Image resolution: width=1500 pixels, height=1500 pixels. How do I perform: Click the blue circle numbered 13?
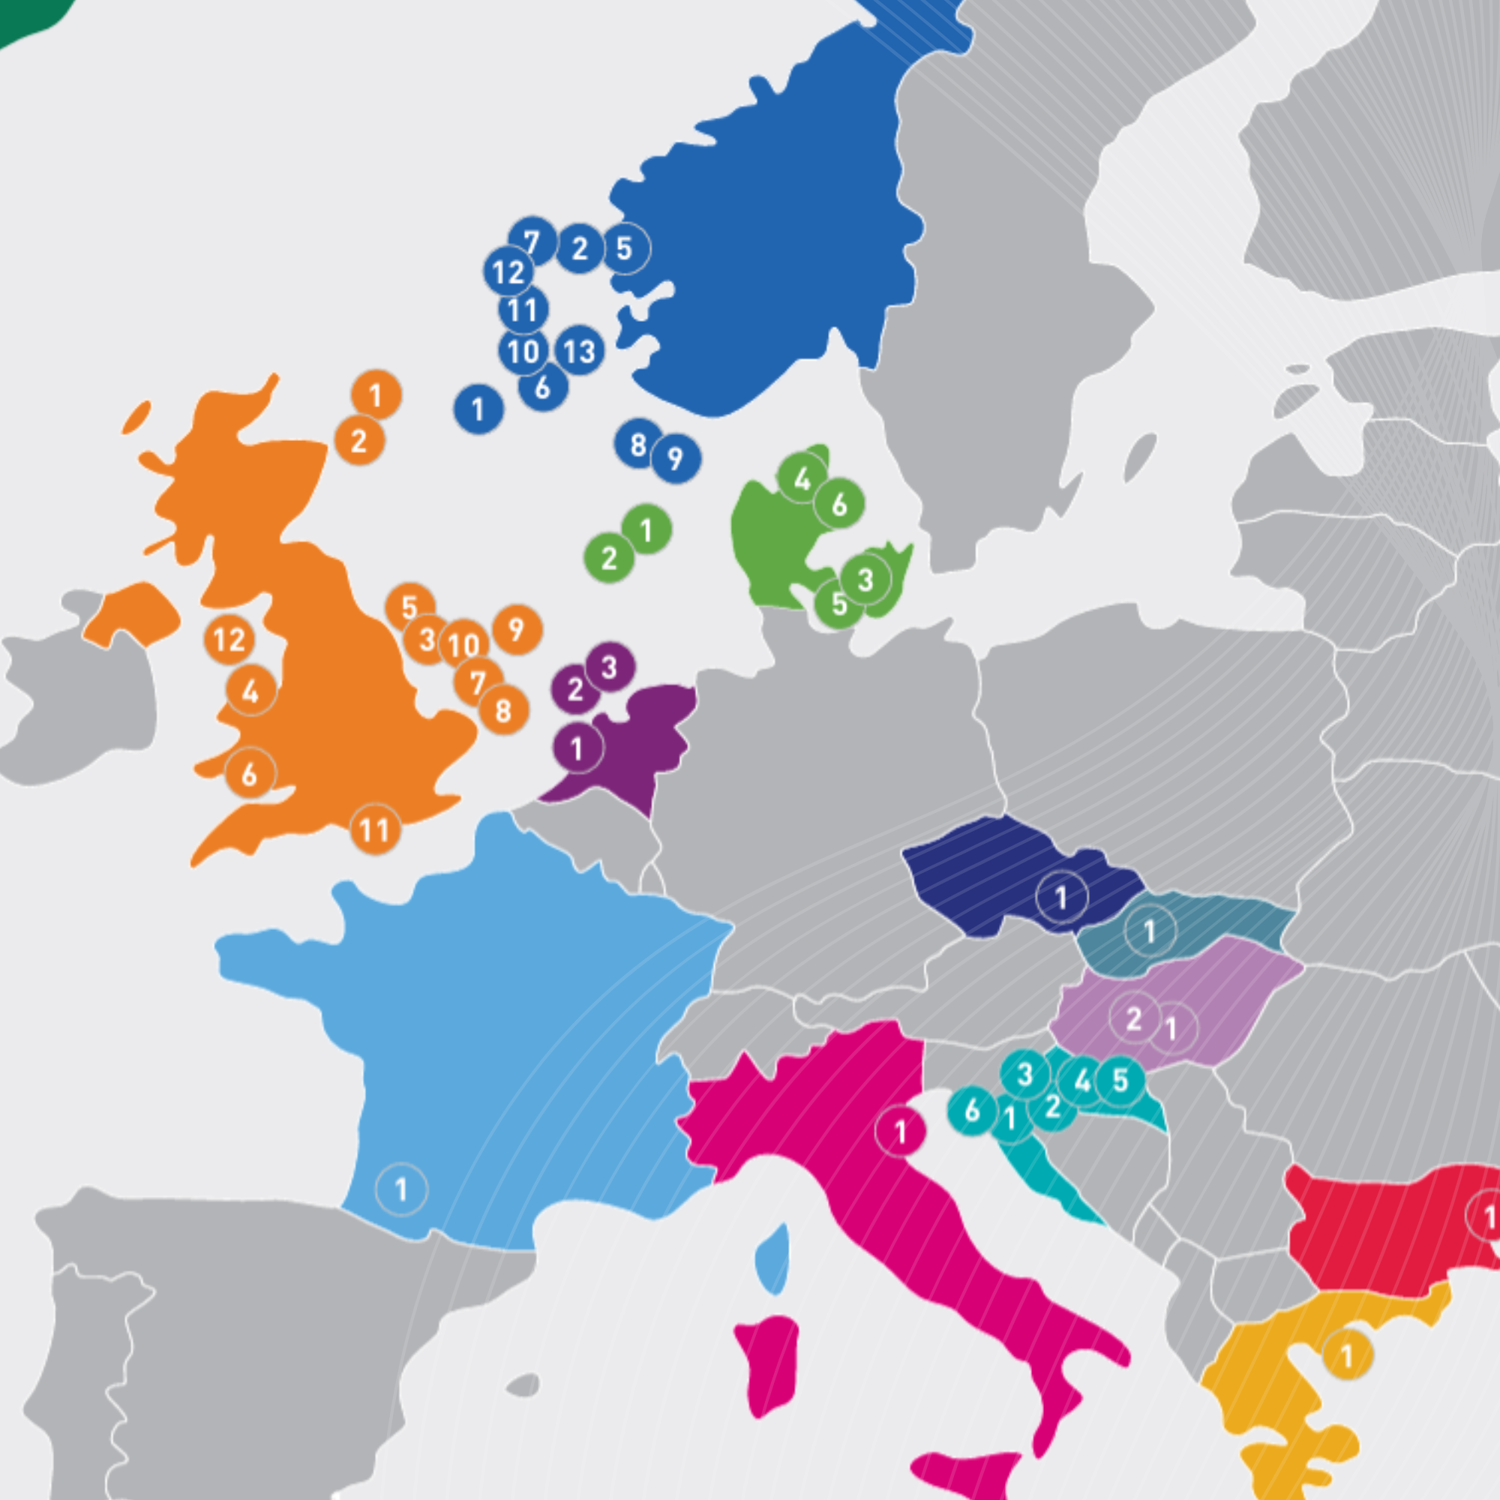click(579, 351)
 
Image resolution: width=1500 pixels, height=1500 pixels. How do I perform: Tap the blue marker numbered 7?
click(532, 241)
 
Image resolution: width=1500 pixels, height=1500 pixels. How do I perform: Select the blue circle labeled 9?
click(676, 459)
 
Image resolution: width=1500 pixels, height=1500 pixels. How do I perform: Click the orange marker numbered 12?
click(229, 639)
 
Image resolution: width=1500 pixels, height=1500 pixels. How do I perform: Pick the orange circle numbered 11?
click(376, 830)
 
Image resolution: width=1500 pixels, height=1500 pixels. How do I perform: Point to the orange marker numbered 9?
click(517, 630)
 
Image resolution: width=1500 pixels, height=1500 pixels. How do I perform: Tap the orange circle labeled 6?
click(250, 773)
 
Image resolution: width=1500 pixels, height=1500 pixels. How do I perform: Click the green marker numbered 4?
click(802, 478)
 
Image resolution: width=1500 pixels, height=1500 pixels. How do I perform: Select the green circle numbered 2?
click(610, 557)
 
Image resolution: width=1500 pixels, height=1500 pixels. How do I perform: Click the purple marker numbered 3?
click(610, 667)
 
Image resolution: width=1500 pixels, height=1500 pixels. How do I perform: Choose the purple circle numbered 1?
click(577, 748)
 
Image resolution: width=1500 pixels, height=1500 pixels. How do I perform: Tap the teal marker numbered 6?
click(972, 1111)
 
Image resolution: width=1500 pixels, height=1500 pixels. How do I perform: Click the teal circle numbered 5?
click(1120, 1080)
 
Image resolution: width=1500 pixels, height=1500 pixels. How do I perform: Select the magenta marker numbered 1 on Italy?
click(901, 1131)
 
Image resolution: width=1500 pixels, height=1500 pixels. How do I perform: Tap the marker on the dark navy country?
click(1061, 898)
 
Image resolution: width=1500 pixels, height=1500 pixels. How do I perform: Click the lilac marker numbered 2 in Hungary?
click(1134, 1018)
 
